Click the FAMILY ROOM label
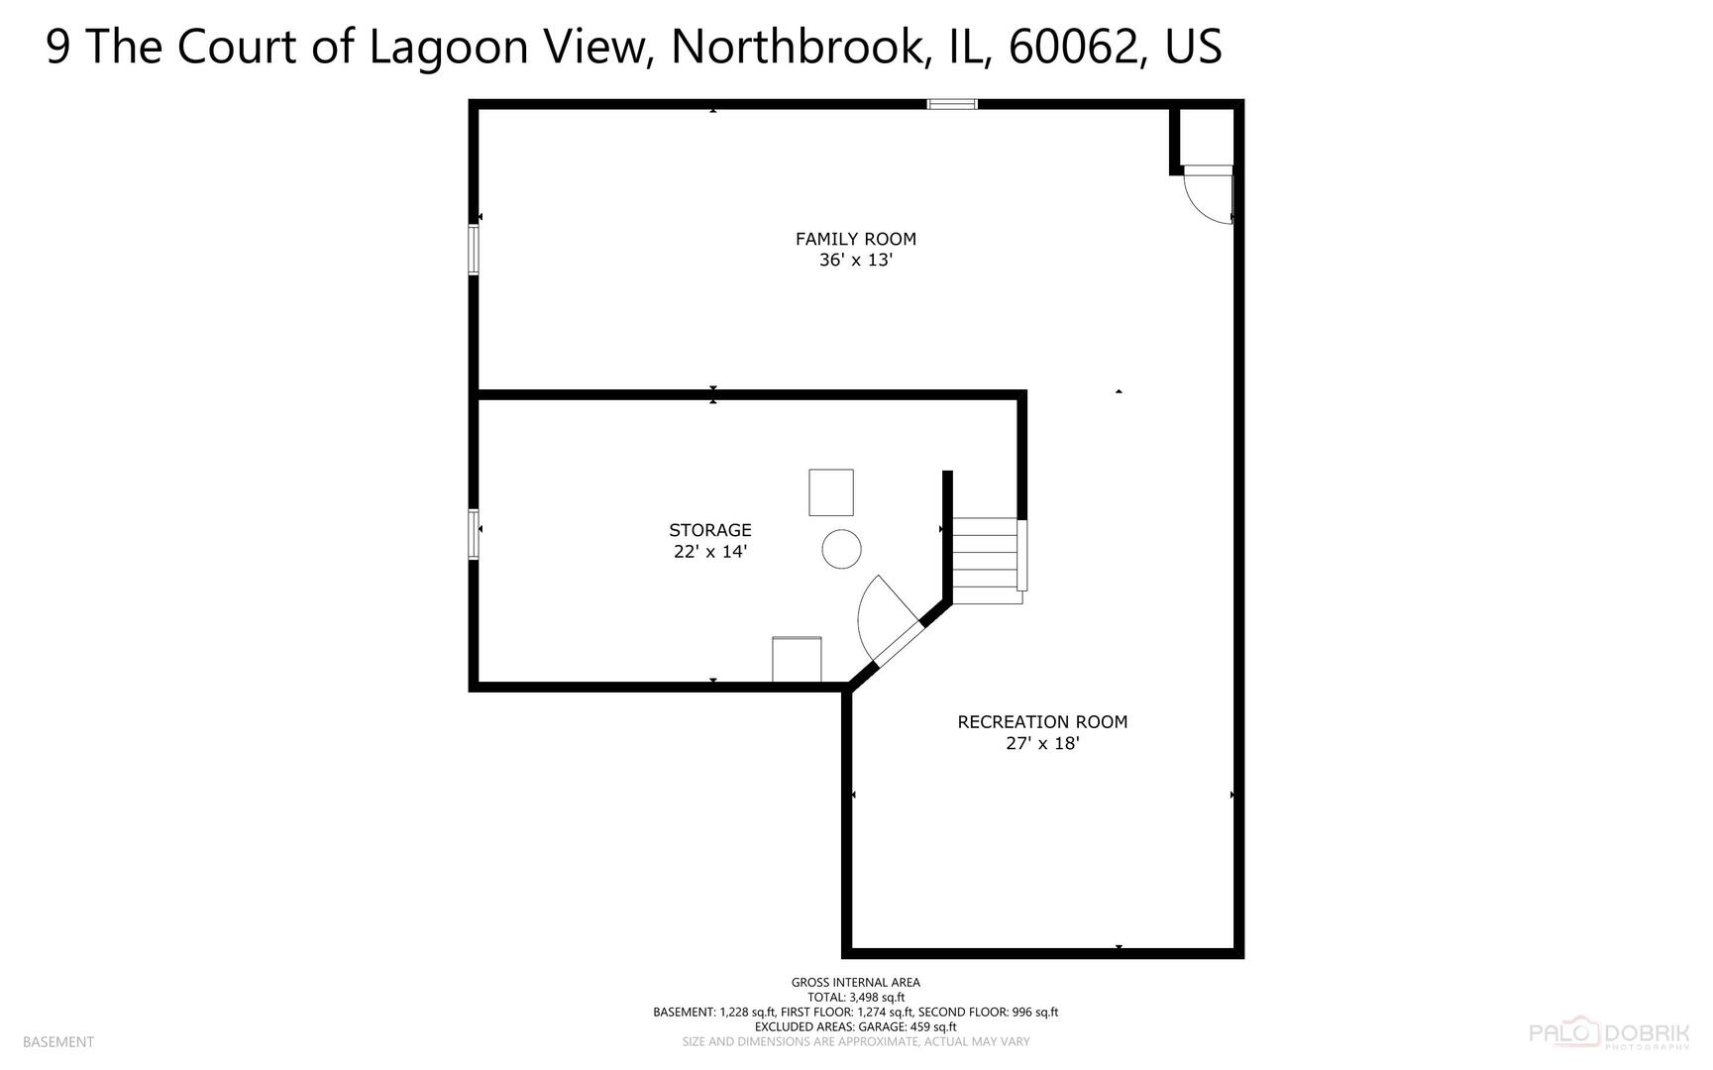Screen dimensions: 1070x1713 click(x=855, y=239)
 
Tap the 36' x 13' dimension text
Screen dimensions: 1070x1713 click(x=855, y=261)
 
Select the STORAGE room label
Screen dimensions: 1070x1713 click(x=709, y=530)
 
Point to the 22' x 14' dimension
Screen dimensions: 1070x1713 click(x=709, y=552)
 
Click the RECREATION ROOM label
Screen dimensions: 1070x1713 click(x=1041, y=722)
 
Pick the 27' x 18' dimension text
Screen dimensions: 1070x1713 click(x=1041, y=743)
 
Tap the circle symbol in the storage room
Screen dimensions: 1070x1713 click(x=841, y=549)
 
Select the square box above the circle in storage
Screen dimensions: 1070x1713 click(x=830, y=492)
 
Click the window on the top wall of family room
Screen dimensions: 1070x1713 click(x=952, y=104)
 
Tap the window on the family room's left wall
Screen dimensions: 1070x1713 click(x=474, y=250)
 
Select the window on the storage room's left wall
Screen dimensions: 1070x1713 click(x=474, y=534)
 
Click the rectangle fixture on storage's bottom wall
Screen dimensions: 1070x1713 click(x=797, y=659)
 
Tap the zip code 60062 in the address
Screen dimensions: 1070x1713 click(x=1071, y=47)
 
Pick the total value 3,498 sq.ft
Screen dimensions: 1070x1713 click(x=876, y=998)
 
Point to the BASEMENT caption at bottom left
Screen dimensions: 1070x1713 click(x=57, y=1042)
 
